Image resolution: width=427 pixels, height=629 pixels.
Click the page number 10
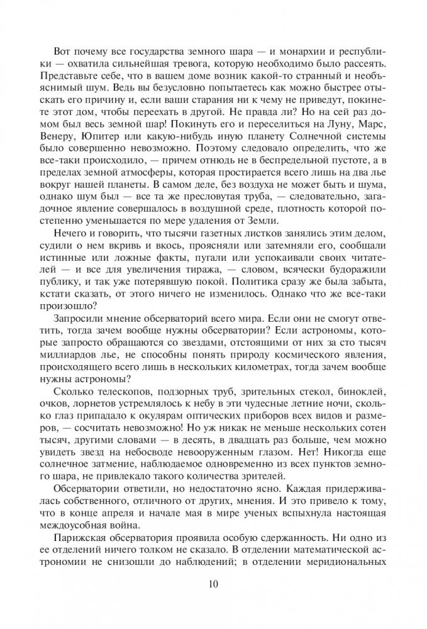pos(213,585)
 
